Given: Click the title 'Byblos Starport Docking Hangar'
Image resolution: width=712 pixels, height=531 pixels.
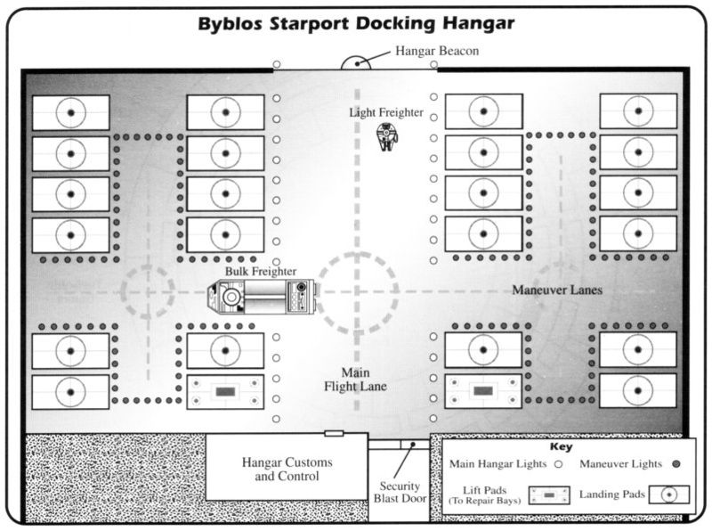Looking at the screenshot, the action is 356,23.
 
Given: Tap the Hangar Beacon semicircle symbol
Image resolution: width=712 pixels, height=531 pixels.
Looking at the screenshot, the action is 356,63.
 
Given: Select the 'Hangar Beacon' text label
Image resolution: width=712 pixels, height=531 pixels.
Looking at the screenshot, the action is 437,51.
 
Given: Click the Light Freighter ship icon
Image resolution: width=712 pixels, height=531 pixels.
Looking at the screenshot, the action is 386,137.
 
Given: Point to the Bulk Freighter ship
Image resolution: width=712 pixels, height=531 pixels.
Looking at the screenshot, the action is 262,297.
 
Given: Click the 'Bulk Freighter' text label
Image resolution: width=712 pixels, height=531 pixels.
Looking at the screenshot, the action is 261,272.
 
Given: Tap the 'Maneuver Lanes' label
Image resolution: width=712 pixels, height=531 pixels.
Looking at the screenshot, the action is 557,290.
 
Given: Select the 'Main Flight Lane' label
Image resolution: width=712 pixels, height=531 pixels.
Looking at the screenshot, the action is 355,380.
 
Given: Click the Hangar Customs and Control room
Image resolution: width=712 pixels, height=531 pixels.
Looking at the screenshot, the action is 287,467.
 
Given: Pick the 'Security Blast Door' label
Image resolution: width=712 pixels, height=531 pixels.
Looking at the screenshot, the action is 400,493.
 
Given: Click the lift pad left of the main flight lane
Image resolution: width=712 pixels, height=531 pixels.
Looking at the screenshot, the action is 225,392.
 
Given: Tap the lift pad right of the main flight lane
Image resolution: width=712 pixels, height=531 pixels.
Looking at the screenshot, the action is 483,391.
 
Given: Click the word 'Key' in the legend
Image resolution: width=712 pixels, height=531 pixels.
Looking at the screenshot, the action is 562,447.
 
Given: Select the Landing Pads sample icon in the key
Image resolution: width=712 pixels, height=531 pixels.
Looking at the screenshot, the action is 669,494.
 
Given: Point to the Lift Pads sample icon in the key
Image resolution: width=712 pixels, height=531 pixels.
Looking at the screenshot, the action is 549,495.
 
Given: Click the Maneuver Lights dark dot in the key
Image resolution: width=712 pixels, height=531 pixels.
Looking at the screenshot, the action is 676,464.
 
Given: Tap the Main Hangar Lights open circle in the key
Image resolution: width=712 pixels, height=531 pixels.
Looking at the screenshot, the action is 559,464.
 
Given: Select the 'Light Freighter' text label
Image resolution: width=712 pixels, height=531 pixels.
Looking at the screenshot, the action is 386,112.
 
